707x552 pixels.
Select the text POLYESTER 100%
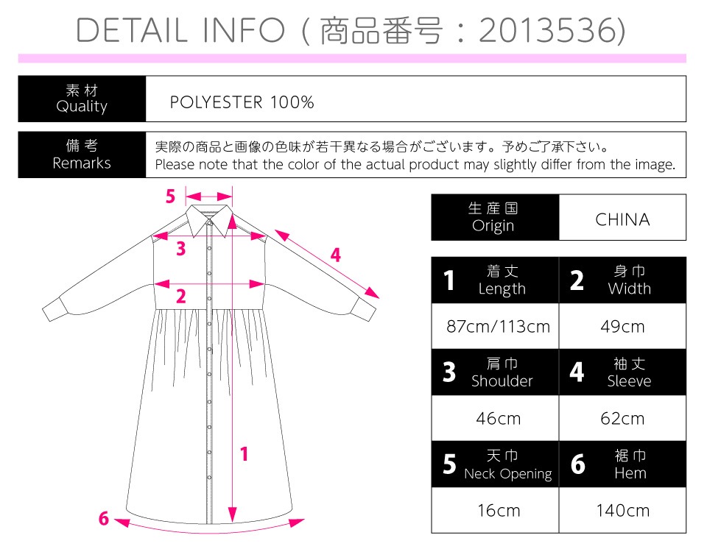point(242,102)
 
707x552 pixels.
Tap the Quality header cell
point(82,99)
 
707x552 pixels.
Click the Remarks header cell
point(82,155)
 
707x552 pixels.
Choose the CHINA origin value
point(622,219)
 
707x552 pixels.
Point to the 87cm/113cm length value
point(499,326)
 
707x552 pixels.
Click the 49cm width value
point(622,326)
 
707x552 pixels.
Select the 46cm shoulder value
point(499,419)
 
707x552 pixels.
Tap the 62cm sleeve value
point(622,419)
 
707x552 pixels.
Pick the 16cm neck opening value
point(499,511)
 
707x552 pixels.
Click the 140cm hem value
point(622,511)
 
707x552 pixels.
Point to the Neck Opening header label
point(507,473)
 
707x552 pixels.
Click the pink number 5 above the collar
point(170,197)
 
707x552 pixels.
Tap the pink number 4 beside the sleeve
point(336,255)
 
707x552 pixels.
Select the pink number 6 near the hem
point(104,518)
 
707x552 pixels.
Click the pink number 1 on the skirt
point(244,454)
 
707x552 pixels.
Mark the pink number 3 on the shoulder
point(181,248)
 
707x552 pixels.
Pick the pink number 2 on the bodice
point(181,296)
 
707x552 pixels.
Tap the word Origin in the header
point(493,225)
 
